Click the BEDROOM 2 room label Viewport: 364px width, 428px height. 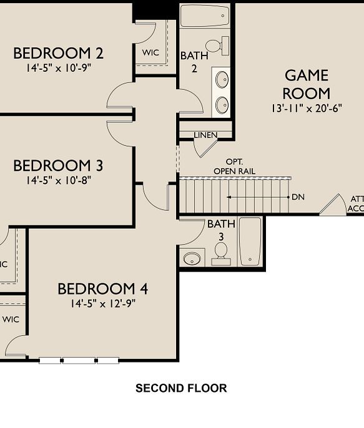[58, 53]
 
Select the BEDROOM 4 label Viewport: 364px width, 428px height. [102, 289]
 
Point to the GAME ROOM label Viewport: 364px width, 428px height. [306, 84]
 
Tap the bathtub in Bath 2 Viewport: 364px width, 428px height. [204, 16]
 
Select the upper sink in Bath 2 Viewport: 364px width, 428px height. [222, 80]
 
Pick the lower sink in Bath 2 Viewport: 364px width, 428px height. [222, 104]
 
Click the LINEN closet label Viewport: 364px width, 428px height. [205, 135]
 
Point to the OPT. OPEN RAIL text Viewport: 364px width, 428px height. [234, 167]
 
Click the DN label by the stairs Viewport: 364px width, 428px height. [298, 197]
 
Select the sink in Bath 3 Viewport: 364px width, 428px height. [192, 258]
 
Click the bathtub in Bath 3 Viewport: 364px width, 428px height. [250, 241]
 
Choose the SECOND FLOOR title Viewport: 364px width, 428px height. [181, 388]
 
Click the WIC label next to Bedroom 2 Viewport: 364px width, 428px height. [150, 52]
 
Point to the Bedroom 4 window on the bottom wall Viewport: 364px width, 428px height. [79, 360]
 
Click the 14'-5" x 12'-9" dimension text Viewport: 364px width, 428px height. [103, 304]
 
